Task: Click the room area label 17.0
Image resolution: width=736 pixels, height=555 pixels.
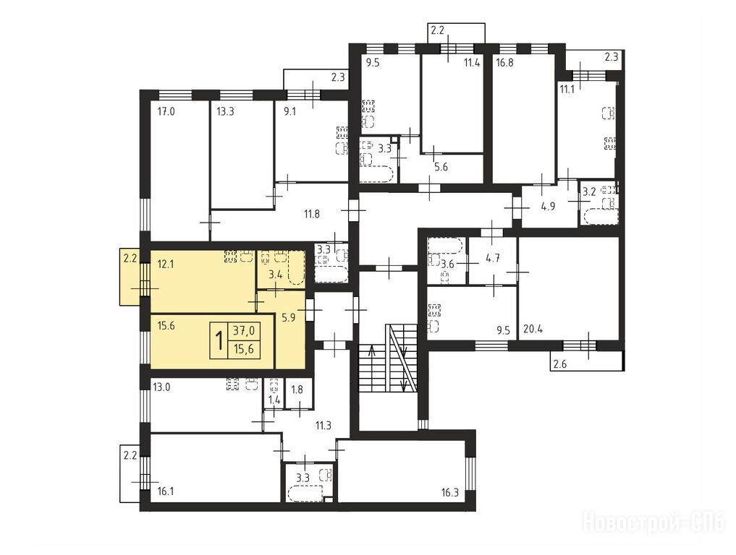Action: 166,111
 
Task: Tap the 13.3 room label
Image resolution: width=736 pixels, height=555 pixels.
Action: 225,111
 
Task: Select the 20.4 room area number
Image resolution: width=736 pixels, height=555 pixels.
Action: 533,329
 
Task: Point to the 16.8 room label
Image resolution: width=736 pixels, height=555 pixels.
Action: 504,63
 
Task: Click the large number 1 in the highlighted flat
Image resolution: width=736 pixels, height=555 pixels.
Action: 219,341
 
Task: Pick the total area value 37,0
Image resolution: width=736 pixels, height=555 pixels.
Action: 244,331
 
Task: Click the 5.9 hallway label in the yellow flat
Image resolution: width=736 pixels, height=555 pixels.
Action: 288,318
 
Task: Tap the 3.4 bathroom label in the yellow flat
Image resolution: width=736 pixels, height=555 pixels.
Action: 275,275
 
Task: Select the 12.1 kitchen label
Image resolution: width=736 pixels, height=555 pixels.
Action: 166,264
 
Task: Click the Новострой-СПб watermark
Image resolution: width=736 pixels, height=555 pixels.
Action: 653,522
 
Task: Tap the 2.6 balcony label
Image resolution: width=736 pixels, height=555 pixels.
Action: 559,364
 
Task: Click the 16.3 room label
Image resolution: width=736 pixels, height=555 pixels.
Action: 449,493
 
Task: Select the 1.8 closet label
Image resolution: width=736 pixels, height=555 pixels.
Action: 297,389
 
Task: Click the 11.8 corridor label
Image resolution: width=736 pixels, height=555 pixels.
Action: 312,215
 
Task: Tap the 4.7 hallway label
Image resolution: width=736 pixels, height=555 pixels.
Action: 492,257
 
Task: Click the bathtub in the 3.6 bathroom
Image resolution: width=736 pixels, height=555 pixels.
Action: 446,246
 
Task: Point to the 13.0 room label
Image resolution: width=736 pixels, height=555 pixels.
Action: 161,387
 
